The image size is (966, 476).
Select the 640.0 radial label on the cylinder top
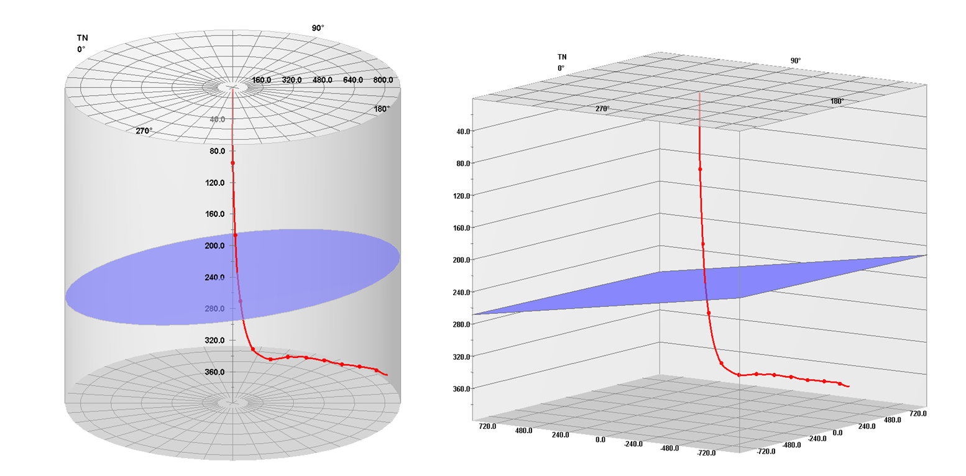[352, 80]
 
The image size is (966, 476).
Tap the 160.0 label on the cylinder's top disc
[261, 80]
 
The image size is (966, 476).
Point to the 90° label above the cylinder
[318, 28]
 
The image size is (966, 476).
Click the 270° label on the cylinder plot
[144, 131]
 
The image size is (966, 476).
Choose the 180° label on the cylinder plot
[382, 109]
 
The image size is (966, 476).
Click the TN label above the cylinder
[83, 38]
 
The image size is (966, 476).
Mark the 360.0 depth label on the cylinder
[214, 372]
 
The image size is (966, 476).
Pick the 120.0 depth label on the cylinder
[214, 182]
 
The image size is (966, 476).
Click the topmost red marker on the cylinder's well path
[232, 163]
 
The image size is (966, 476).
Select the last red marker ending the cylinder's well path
[376, 370]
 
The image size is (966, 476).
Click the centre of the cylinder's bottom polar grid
[232, 402]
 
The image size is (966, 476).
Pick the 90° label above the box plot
[796, 60]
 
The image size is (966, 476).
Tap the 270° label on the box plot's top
[602, 109]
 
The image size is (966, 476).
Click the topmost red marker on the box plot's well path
[701, 169]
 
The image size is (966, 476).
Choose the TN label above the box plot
[562, 57]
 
